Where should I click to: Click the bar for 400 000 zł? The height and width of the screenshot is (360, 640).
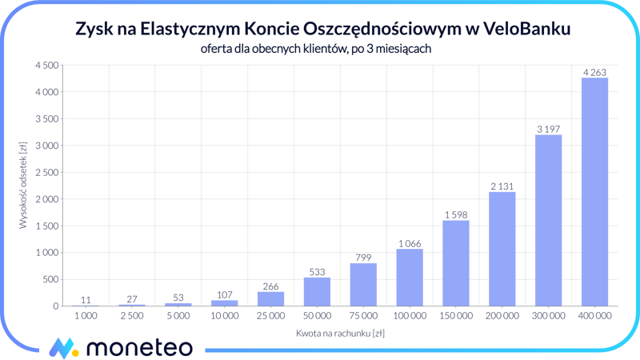coord(594,192)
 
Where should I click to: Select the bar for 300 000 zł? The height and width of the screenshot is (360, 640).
coord(548,221)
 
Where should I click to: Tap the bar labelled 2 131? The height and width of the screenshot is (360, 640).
coord(502,249)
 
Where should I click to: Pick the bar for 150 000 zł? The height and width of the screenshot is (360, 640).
coord(456,263)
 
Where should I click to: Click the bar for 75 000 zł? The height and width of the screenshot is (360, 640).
coord(363,285)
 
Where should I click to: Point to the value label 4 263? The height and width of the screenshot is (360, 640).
coord(594,73)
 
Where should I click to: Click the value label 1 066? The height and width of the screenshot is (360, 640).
coord(410,244)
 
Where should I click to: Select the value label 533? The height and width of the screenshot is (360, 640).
coord(317,272)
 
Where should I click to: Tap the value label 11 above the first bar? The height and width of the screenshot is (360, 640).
coord(86,300)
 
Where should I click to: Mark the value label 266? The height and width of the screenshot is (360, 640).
coord(270,286)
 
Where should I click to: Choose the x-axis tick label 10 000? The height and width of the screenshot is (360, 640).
coord(224,316)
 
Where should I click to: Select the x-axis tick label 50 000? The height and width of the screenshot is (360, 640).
coord(317,316)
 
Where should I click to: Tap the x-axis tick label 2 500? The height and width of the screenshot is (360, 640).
coord(132,316)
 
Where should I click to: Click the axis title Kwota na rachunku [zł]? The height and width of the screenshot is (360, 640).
coord(340,333)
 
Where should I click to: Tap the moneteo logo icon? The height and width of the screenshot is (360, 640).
coord(62,348)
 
